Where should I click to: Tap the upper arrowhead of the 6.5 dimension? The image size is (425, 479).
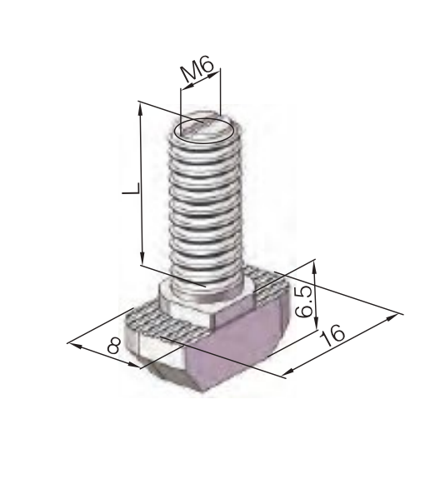pos(315,266)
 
